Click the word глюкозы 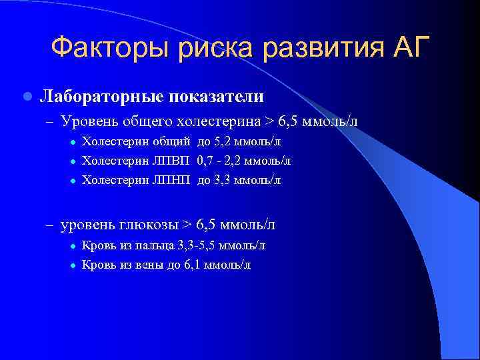click(x=151, y=225)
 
